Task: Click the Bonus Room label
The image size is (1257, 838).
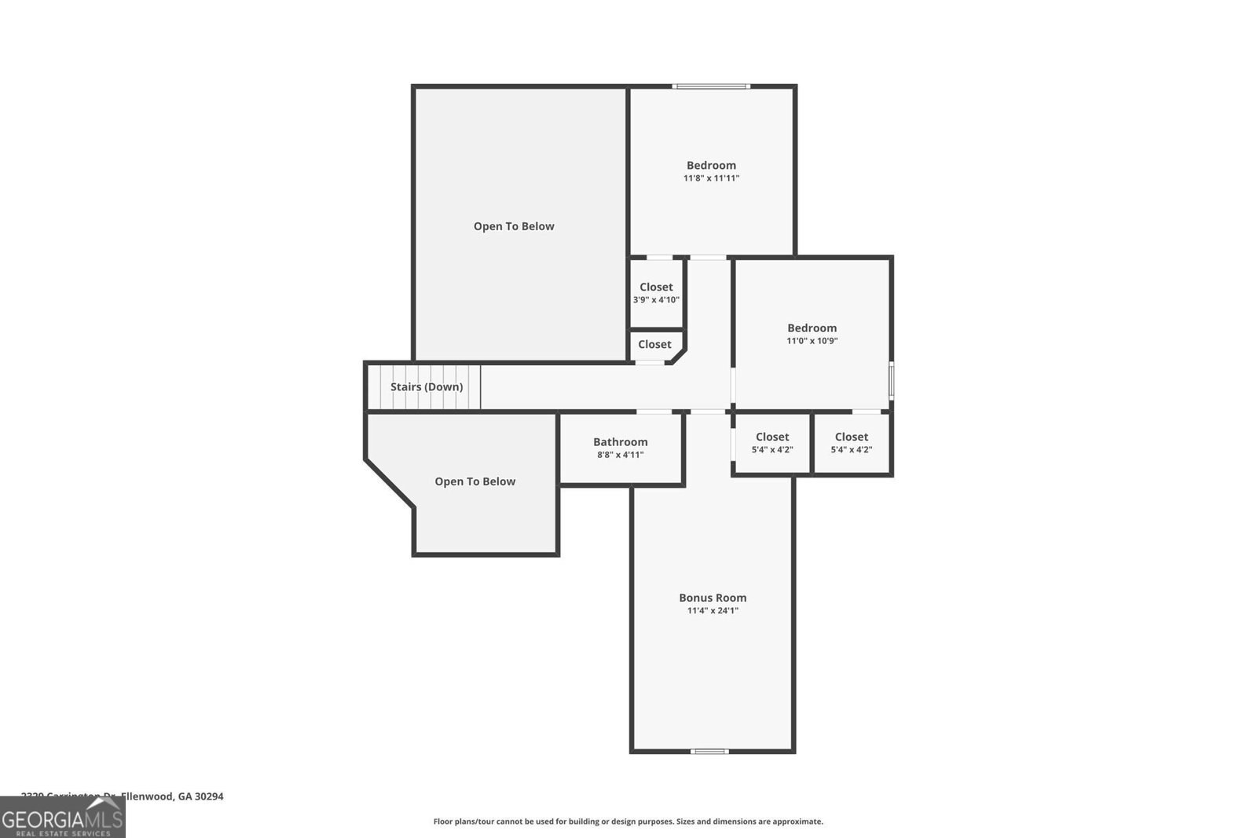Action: [713, 598]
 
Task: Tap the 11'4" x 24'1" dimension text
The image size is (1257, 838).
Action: [713, 611]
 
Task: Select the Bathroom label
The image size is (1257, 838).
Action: [620, 442]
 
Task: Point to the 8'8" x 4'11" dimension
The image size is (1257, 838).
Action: [620, 455]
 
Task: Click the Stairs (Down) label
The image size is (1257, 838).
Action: [427, 387]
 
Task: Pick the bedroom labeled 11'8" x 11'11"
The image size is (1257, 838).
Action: [711, 171]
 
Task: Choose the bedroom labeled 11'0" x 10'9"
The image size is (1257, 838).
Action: [812, 334]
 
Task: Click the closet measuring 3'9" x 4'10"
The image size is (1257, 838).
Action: [656, 293]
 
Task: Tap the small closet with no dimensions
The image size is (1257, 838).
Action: [654, 345]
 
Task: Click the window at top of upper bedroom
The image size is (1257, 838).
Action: [711, 86]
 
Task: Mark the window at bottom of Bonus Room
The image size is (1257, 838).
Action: [709, 752]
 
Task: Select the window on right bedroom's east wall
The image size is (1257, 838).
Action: [891, 379]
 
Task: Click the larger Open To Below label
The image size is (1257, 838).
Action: [514, 226]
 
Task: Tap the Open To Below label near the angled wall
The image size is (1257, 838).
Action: [475, 481]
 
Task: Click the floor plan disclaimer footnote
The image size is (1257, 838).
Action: [628, 822]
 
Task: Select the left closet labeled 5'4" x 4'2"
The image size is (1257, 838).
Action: [771, 443]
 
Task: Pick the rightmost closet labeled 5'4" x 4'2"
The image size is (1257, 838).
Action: [851, 443]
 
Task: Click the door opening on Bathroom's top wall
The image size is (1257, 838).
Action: [654, 412]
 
